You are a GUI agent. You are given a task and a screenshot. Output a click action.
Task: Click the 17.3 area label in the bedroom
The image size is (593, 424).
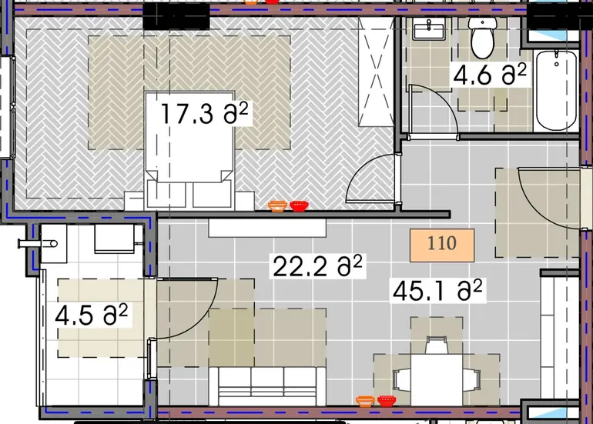tap(204, 114)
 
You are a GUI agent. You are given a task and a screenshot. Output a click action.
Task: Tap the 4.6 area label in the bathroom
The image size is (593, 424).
tap(489, 75)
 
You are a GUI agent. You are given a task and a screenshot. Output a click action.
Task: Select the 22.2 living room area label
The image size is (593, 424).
tap(317, 266)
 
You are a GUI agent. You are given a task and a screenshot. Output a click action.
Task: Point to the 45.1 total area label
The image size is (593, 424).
tap(437, 290)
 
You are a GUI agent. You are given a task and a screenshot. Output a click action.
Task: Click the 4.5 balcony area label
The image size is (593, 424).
tap(92, 315)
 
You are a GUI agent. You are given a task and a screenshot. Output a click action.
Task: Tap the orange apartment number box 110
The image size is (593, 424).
tap(442, 245)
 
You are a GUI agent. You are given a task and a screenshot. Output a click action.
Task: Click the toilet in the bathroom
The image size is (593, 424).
tap(482, 37)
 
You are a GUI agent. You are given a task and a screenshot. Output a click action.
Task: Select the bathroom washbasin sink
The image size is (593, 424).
tap(428, 29)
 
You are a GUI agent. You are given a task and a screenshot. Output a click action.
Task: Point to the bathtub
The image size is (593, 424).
tap(556, 91)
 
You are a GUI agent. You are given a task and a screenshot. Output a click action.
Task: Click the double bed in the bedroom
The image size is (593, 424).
tap(189, 150)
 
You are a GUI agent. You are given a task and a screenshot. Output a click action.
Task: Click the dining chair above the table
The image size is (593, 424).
tap(437, 344)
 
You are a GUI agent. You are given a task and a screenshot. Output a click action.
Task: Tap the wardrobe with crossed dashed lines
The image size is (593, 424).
tap(376, 72)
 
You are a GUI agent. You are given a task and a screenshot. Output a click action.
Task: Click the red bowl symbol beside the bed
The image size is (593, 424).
tap(299, 206)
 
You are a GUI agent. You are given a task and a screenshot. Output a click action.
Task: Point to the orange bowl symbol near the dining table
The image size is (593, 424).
tap(365, 402)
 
